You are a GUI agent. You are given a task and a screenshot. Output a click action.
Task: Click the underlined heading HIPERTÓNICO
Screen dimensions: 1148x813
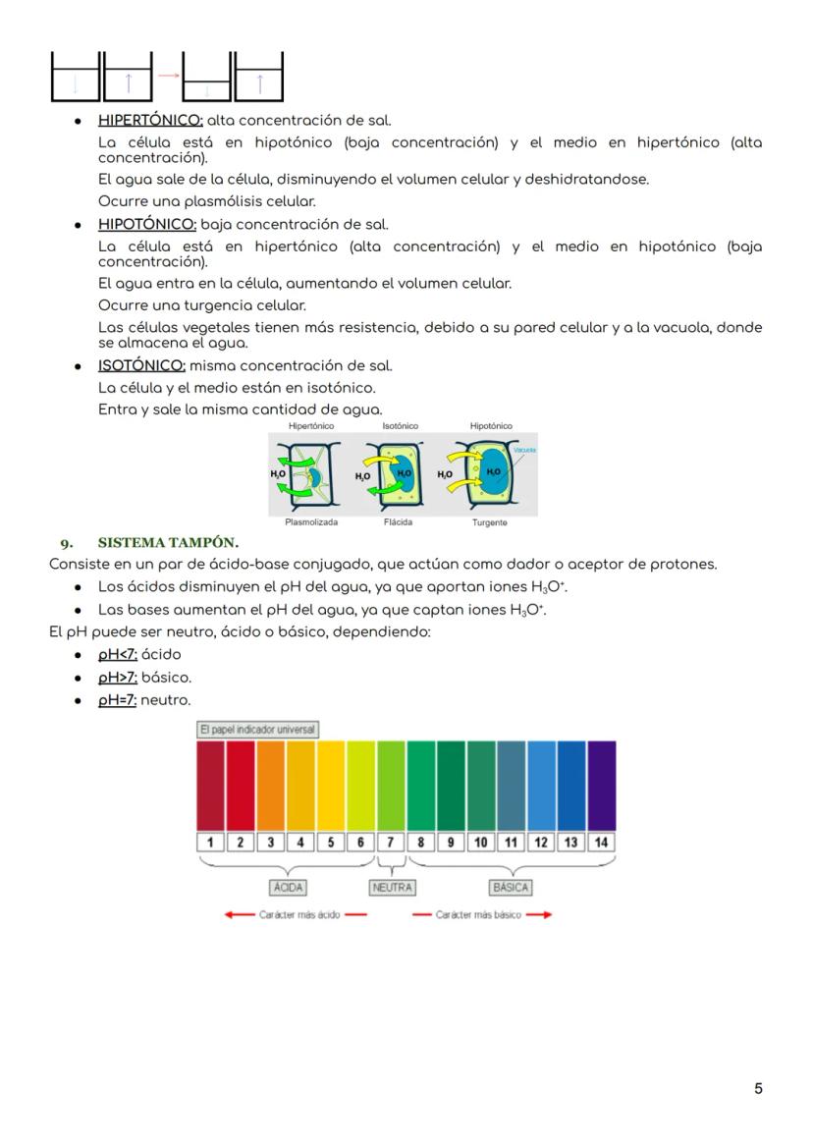tap(150, 121)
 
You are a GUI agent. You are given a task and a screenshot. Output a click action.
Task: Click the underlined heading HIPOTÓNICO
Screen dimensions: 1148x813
tap(147, 224)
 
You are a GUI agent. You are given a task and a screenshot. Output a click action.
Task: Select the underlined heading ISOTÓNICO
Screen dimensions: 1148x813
tap(141, 365)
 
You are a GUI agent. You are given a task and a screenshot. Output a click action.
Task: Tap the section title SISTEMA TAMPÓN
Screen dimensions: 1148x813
tap(168, 542)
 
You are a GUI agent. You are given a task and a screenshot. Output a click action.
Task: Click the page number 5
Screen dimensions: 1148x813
tap(758, 1088)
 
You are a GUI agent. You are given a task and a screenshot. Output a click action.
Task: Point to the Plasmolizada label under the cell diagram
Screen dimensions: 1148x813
tap(311, 522)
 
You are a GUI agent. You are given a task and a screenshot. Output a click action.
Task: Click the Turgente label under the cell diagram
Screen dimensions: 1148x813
tap(489, 522)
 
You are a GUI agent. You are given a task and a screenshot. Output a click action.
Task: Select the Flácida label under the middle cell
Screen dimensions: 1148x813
tap(399, 522)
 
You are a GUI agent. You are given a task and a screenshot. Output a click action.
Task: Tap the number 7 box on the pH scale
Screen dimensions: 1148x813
tap(391, 842)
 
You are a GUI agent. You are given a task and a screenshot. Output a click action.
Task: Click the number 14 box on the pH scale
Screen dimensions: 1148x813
tap(601, 842)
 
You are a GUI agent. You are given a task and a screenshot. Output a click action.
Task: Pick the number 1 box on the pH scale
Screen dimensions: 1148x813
tap(211, 842)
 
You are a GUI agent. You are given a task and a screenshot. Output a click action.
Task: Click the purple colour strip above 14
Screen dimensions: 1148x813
tap(601, 786)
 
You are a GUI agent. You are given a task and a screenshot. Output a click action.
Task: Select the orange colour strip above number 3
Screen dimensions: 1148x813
tap(271, 786)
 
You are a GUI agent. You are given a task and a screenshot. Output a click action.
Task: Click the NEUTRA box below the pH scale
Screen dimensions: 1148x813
tap(392, 887)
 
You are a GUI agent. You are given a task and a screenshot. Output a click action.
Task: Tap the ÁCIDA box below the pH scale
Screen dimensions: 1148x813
tap(288, 887)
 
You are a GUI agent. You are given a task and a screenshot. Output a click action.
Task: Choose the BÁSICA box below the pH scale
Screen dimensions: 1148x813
tap(511, 887)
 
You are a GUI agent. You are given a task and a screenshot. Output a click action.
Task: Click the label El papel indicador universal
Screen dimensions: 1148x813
tap(257, 730)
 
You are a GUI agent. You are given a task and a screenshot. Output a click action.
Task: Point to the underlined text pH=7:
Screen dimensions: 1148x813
tap(117, 700)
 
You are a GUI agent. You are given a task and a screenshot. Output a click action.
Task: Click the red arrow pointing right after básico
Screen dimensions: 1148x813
tap(539, 914)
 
